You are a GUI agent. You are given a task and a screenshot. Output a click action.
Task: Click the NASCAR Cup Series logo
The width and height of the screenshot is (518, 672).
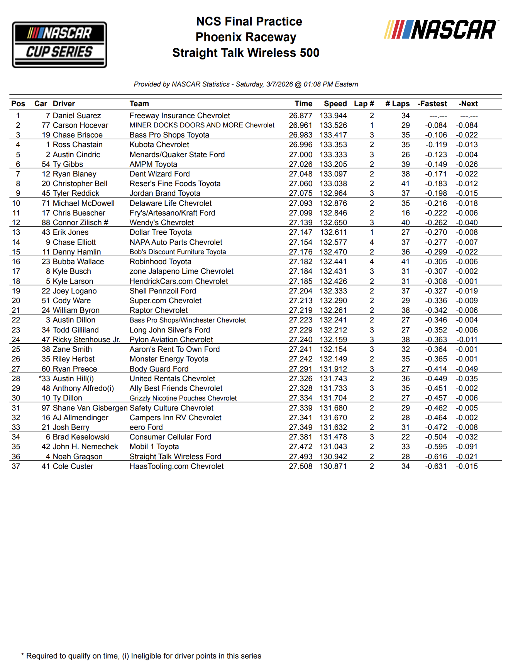tap(59, 44)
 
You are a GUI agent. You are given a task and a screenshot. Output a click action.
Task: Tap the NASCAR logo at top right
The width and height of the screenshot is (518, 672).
tap(441, 30)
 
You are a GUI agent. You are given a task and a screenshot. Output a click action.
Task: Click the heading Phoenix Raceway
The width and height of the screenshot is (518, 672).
tap(245, 37)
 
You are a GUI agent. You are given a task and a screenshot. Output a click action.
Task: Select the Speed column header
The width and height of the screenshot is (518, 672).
tap(335, 104)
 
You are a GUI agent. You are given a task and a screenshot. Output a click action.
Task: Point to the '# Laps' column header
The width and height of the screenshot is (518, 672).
tap(397, 104)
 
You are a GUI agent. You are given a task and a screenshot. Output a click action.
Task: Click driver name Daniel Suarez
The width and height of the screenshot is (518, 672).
tap(77, 115)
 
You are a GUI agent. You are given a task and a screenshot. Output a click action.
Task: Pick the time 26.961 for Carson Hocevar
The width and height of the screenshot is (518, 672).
tap(300, 125)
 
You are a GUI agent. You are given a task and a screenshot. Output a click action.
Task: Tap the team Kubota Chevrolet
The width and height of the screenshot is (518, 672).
tap(159, 144)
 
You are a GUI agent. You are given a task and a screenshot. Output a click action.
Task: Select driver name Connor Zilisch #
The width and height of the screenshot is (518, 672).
tap(80, 222)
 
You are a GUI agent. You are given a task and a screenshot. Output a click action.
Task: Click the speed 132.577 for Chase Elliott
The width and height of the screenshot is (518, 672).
tap(333, 242)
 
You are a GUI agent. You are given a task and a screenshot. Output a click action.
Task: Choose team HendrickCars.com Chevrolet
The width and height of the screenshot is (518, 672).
tap(178, 281)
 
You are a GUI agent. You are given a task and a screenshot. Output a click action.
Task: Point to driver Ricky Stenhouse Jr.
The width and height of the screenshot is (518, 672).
tap(86, 339)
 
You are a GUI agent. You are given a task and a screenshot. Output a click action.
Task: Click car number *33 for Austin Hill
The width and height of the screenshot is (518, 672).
tap(45, 378)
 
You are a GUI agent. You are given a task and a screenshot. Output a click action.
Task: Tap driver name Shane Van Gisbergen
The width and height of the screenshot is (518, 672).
tap(90, 408)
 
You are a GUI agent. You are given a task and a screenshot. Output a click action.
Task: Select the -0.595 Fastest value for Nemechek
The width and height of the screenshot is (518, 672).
tap(436, 446)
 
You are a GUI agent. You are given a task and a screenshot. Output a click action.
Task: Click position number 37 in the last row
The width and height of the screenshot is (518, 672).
tap(16, 466)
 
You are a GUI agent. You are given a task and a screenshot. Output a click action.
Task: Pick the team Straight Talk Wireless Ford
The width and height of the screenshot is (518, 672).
tap(175, 456)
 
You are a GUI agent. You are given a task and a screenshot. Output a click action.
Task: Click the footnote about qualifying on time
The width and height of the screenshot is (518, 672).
tap(141, 656)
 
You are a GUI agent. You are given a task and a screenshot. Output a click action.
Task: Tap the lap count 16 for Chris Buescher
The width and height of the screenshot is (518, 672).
tap(405, 213)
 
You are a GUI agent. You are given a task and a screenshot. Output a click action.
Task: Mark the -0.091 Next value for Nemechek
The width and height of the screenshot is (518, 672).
tap(467, 446)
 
